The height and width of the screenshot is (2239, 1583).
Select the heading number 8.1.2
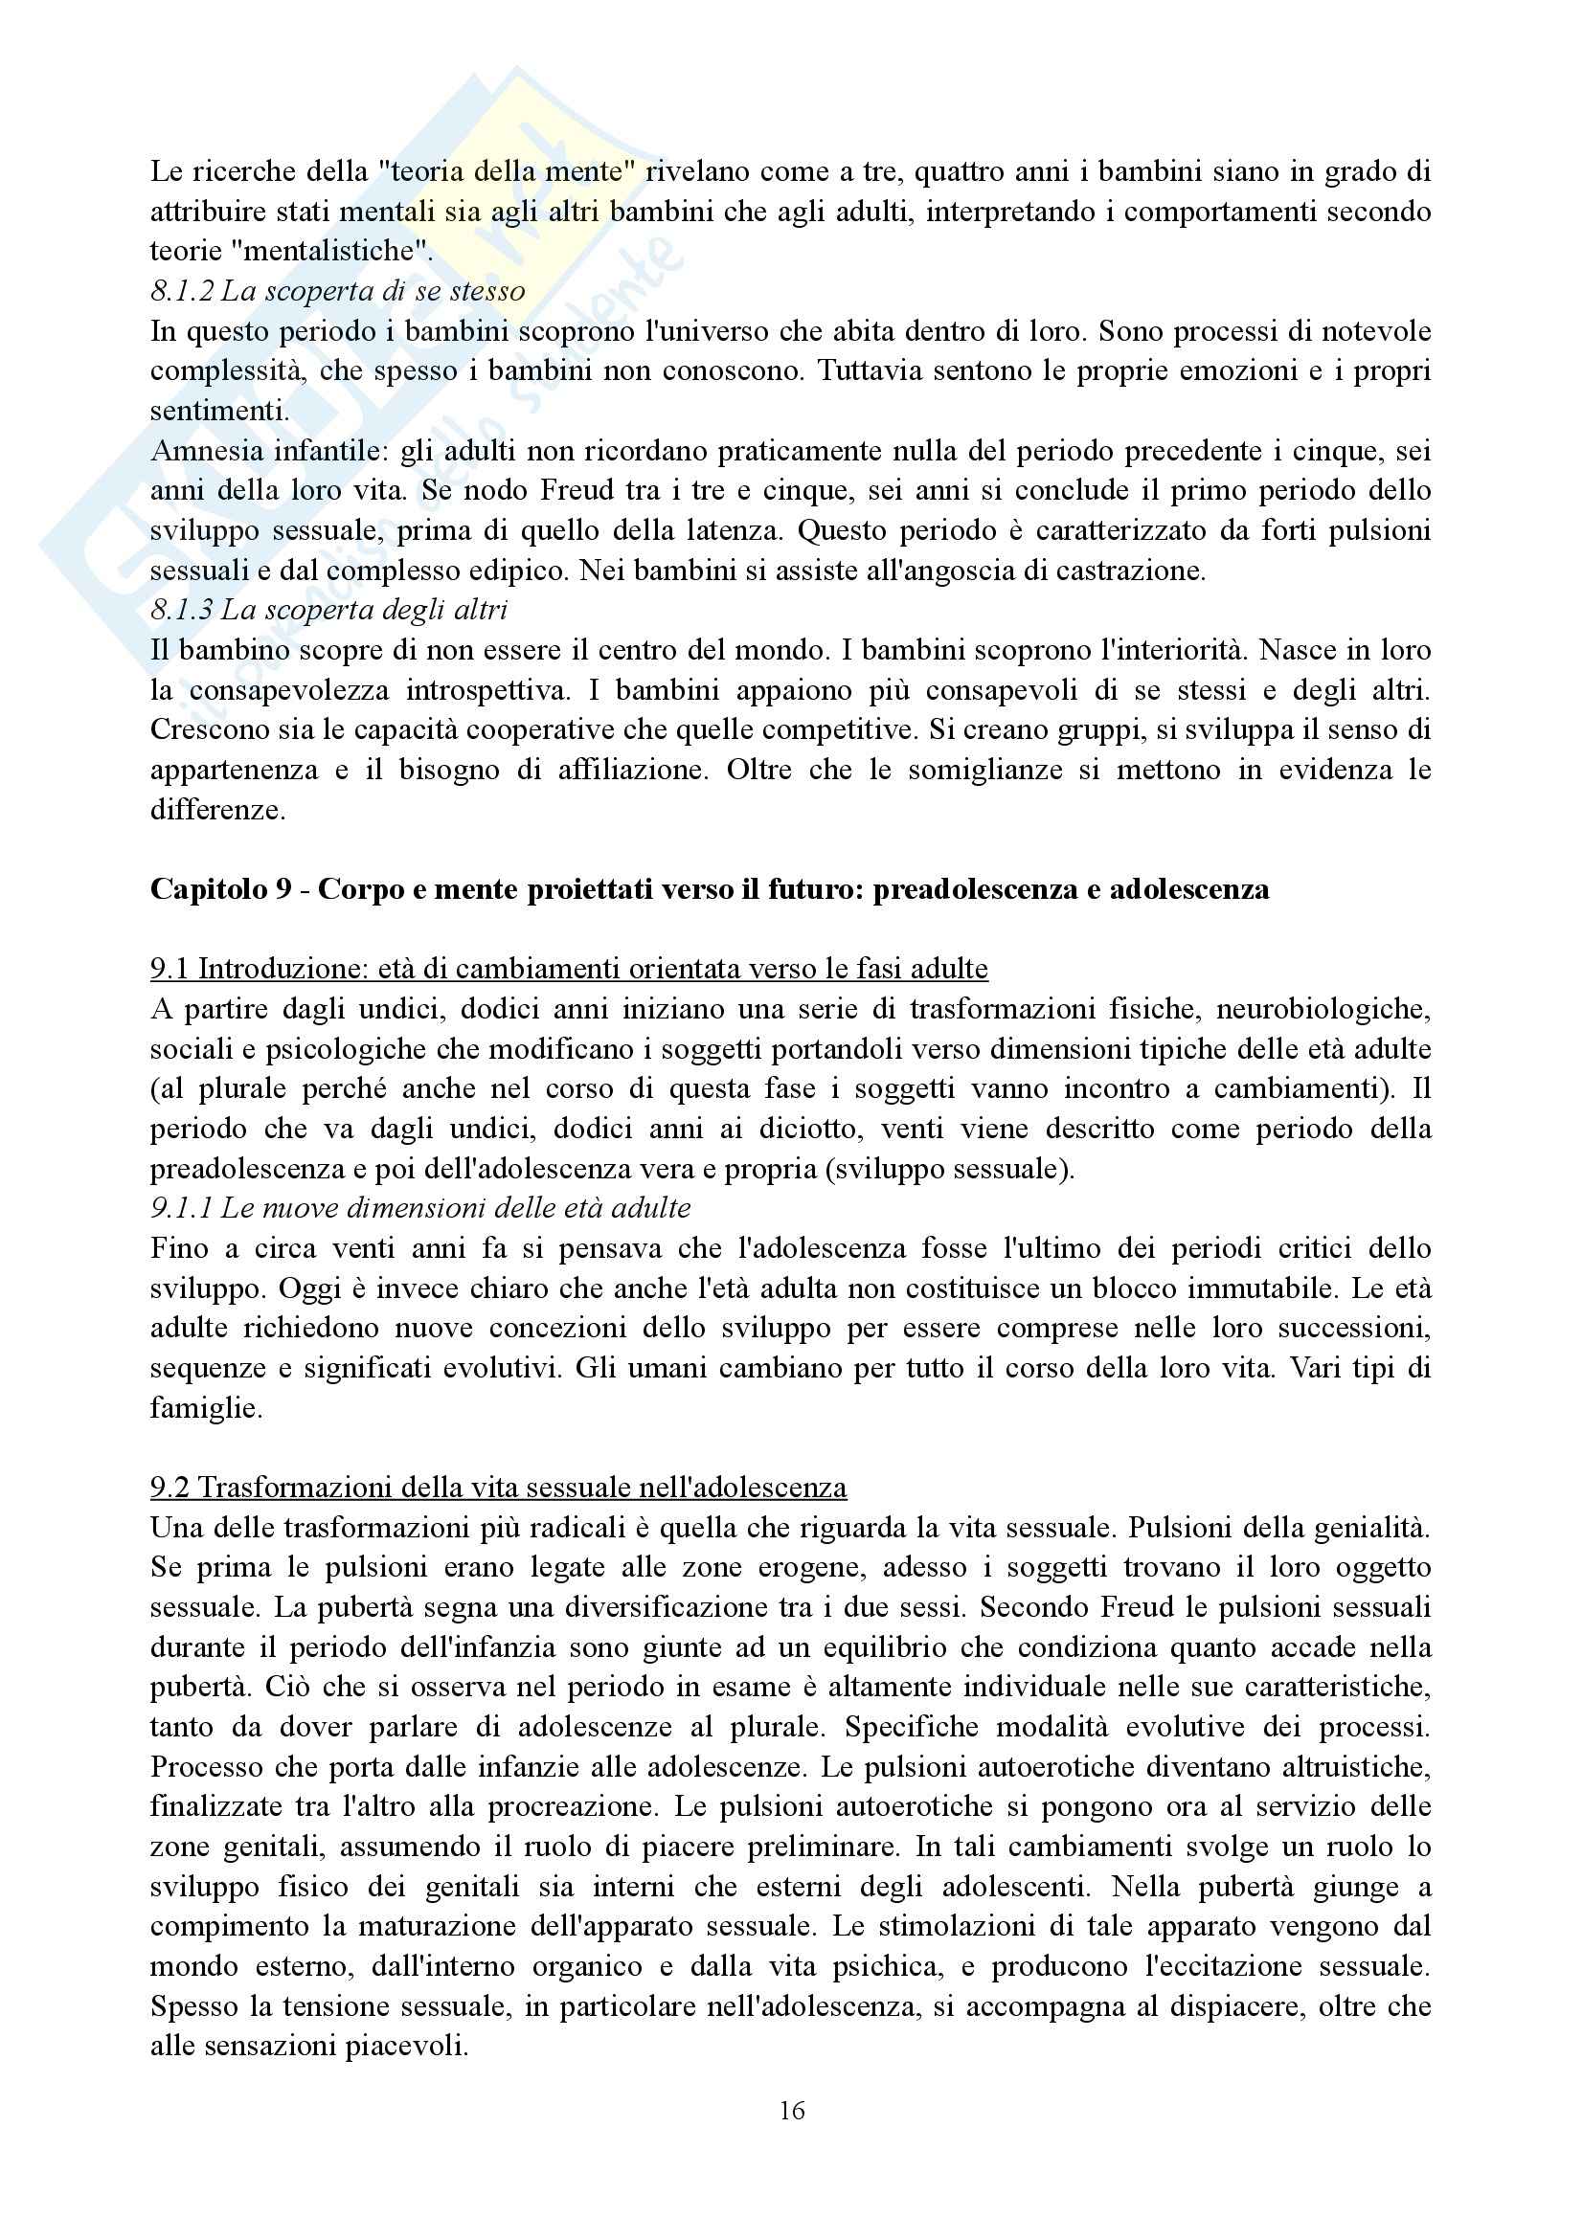182,291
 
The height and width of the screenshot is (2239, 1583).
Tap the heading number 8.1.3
182,610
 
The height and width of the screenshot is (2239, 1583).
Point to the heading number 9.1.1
182,1208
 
